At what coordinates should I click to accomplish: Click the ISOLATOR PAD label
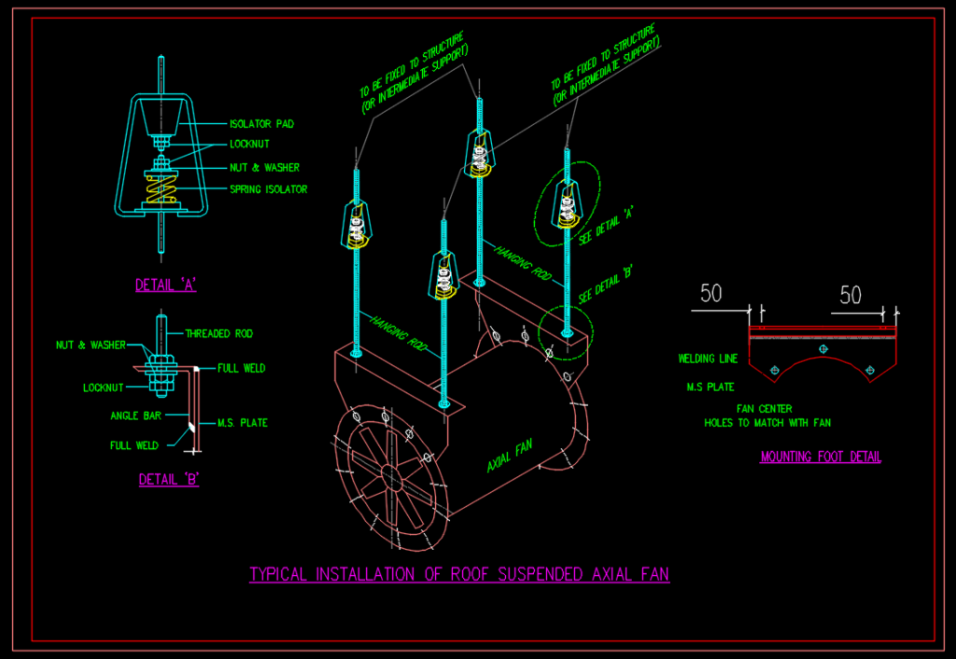point(261,123)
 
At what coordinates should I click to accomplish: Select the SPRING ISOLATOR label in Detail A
point(268,189)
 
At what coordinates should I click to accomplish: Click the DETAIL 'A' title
point(166,286)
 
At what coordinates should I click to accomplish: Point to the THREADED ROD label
point(218,333)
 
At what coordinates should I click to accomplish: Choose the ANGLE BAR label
point(137,415)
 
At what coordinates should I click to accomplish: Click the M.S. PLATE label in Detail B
point(242,423)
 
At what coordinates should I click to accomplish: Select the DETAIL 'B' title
point(169,480)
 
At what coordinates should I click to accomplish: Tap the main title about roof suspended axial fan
point(459,574)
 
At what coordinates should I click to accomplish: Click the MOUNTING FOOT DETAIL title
point(821,456)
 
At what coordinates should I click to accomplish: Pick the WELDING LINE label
point(709,358)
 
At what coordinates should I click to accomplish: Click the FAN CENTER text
point(765,408)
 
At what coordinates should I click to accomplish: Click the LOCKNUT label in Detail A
point(251,145)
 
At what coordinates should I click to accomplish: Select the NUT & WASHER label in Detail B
point(91,344)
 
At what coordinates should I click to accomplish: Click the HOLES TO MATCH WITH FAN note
point(767,423)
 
